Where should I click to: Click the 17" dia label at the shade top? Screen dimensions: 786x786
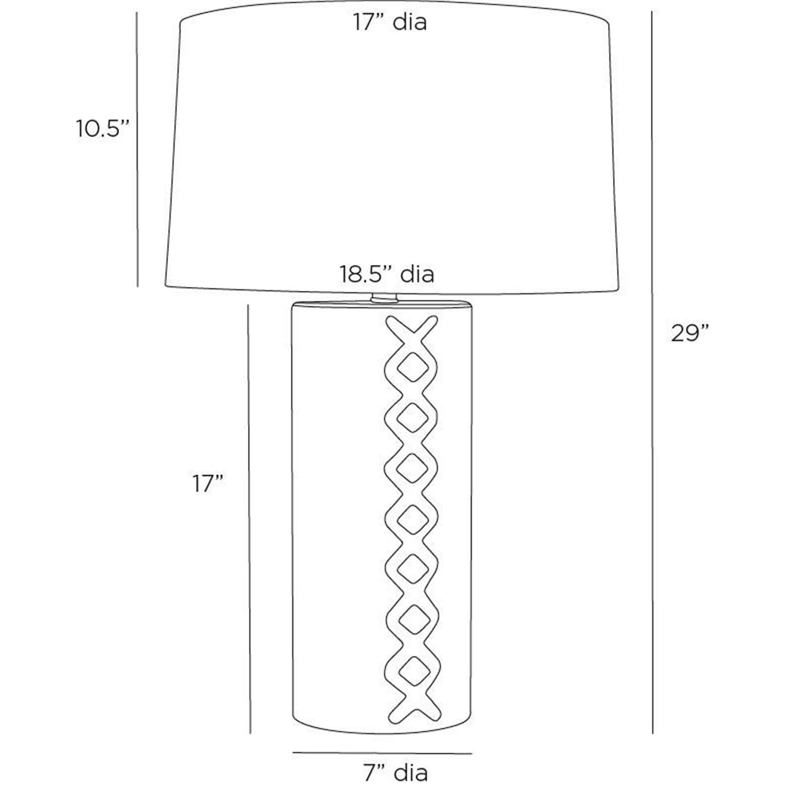[x=390, y=22]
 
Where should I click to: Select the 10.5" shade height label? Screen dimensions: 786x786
[x=103, y=129]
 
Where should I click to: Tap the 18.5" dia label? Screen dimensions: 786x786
[x=387, y=274]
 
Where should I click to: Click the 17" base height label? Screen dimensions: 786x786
[x=208, y=484]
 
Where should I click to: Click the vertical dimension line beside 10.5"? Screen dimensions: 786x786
[x=137, y=149]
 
